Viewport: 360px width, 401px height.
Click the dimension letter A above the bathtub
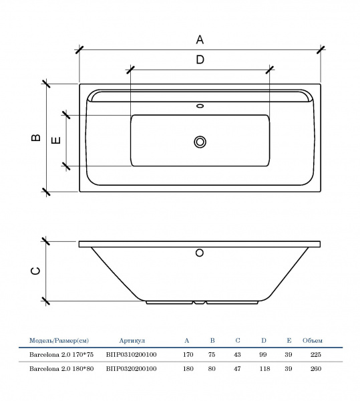pyautogui.click(x=200, y=39)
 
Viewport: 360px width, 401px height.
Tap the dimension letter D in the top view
pyautogui.click(x=200, y=59)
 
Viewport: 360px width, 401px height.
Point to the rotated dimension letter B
pyautogui.click(x=36, y=138)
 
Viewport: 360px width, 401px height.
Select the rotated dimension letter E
pyautogui.click(x=56, y=140)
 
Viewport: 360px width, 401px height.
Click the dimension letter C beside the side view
pyautogui.click(x=35, y=271)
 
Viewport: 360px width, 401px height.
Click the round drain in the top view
pyautogui.click(x=200, y=142)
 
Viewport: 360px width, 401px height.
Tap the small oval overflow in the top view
pyautogui.click(x=200, y=106)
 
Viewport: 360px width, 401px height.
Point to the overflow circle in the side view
pyautogui.click(x=200, y=253)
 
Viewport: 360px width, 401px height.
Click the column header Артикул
pyautogui.click(x=132, y=341)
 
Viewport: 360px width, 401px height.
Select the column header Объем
pyautogui.click(x=313, y=341)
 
